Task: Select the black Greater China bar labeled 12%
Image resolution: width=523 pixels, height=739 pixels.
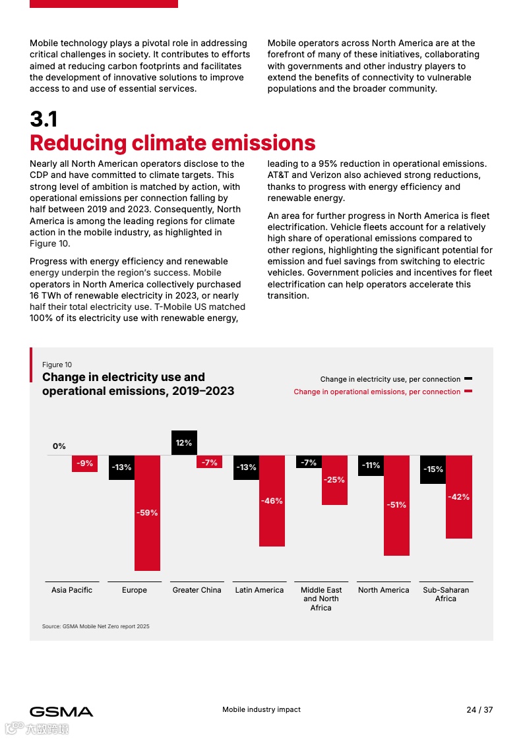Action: point(184,442)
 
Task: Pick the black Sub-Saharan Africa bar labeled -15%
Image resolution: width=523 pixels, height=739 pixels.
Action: point(433,469)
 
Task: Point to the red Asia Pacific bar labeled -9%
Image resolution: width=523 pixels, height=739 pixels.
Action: point(84,463)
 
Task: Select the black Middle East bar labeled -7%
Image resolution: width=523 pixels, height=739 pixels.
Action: point(309,462)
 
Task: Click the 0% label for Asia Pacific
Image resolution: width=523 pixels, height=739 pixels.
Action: point(59,446)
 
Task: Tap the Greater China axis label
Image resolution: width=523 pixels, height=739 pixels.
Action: point(197,590)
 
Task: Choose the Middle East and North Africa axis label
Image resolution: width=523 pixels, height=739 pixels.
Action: point(321,599)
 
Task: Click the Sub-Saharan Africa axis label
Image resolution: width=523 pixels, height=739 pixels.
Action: point(446,594)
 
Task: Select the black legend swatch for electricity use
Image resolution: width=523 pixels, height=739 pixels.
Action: point(468,379)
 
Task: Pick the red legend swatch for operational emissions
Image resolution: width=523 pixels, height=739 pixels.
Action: point(468,392)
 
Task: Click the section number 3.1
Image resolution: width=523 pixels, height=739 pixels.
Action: point(44,119)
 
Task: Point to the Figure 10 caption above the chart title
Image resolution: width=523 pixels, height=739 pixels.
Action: point(57,365)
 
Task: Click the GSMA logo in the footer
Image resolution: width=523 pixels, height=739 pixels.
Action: point(61,711)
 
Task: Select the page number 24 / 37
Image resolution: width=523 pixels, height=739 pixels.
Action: point(479,710)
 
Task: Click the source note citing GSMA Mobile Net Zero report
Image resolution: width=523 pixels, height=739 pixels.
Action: point(96,626)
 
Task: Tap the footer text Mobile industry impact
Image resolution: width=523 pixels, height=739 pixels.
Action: point(261,709)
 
